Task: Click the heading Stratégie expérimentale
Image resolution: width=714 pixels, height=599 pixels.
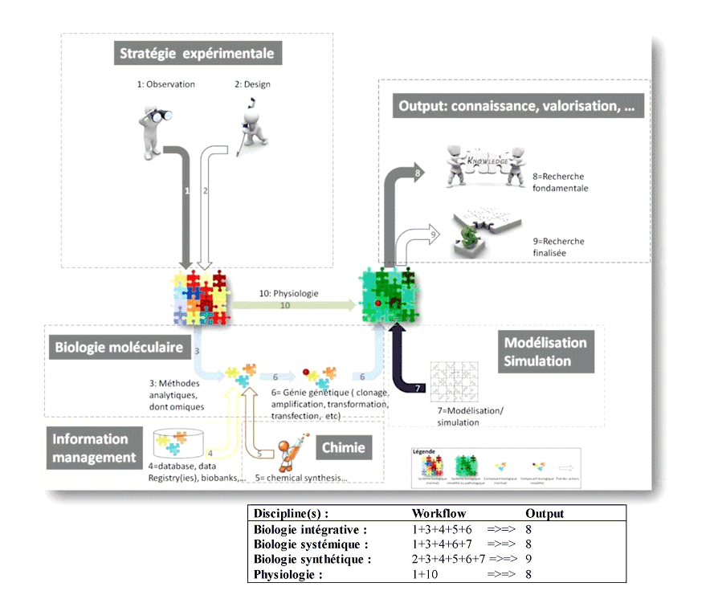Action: tap(197, 55)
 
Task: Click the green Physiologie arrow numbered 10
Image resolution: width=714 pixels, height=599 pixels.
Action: tap(289, 305)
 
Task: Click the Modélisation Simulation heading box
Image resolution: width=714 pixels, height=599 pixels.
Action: tap(545, 352)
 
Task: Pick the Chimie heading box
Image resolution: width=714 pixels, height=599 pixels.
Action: tap(344, 448)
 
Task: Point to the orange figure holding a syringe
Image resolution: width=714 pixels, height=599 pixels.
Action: tap(287, 455)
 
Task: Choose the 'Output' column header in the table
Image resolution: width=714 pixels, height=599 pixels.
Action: tap(545, 514)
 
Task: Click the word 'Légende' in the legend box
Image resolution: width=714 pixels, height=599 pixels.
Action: tap(423, 452)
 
